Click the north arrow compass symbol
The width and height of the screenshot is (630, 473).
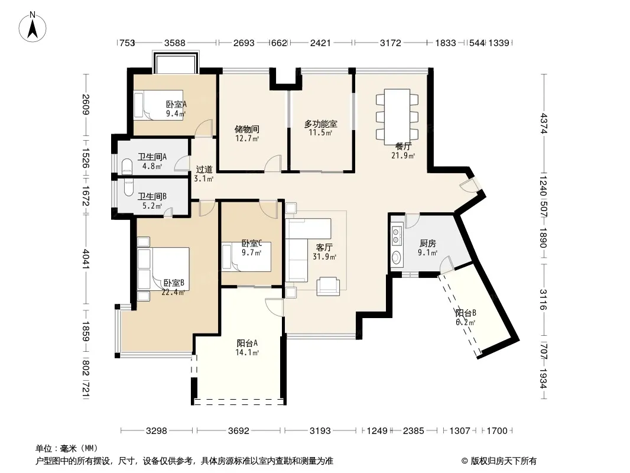coord(33,27)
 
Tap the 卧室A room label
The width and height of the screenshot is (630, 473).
coord(176,105)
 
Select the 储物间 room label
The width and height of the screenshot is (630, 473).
coord(246,129)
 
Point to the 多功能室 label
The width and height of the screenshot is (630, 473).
coord(320,124)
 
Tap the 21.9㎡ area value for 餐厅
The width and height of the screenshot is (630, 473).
coord(403,155)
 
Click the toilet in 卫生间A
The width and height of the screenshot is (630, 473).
coord(127,166)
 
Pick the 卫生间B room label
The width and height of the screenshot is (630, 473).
coord(152,196)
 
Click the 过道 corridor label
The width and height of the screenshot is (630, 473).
coord(204,170)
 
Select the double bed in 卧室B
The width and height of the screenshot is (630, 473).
coord(163,268)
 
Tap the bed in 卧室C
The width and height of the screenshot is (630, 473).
coord(246,257)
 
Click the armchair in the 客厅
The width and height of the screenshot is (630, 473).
coord(328,286)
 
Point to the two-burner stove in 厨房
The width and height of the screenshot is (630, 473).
coord(397,236)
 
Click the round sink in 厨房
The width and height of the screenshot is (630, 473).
coord(397,257)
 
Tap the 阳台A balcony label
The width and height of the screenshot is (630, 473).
coord(247,343)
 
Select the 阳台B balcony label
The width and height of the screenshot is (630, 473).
coord(466,313)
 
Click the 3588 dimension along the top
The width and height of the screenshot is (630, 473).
coord(175,43)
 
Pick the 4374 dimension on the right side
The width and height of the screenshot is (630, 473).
coord(544,124)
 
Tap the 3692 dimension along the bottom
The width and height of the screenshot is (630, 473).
coord(239,431)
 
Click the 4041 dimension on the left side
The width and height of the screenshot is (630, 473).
coord(86,259)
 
